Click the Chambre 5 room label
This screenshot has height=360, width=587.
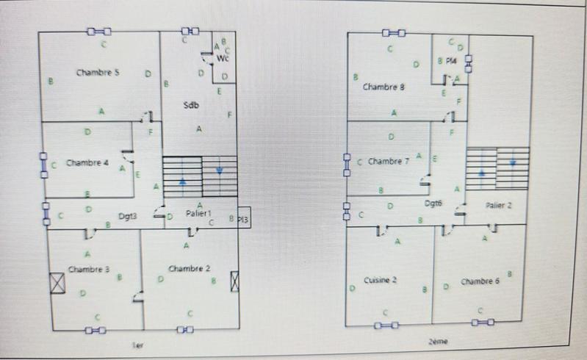[98, 73]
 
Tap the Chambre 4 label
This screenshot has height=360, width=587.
[87, 162]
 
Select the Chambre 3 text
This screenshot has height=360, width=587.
[89, 269]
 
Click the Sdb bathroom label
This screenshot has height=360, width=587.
[191, 106]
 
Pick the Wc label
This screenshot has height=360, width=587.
[223, 58]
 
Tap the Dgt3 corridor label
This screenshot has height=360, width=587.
[129, 216]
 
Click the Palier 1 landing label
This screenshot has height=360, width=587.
[198, 213]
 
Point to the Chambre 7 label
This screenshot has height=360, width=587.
[389, 161]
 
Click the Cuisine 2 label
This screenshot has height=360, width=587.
[381, 280]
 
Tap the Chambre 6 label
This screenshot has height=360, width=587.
[480, 281]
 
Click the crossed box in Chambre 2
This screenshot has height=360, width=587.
[235, 281]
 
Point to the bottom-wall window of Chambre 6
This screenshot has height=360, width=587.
[481, 322]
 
